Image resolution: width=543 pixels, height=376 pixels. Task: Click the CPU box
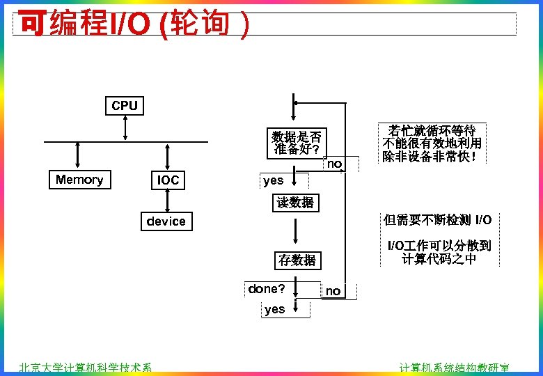[125, 106]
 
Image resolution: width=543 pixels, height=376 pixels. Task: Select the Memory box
[79, 180]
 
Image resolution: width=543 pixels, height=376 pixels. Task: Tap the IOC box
[168, 180]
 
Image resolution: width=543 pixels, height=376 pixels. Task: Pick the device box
[166, 221]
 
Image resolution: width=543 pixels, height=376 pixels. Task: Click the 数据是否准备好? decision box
[297, 143]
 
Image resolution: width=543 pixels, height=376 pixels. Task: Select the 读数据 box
[296, 203]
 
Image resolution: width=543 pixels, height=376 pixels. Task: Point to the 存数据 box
[297, 260]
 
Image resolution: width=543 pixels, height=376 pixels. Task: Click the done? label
[267, 288]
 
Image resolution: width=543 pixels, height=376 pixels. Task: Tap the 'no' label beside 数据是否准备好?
[334, 164]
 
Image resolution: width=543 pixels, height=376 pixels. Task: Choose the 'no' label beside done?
[333, 291]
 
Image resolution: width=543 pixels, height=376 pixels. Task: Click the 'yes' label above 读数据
[274, 180]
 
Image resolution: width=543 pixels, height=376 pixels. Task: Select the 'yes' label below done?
[275, 309]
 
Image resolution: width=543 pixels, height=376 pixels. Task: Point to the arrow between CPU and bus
[125, 128]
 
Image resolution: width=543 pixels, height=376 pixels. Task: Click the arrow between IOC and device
[168, 201]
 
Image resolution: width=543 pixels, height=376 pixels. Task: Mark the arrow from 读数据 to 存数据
[296, 230]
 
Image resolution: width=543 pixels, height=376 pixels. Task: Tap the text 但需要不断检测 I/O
[437, 221]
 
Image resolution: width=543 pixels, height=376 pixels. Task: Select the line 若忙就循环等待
[432, 131]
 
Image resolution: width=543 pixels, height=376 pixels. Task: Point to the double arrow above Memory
[77, 155]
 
